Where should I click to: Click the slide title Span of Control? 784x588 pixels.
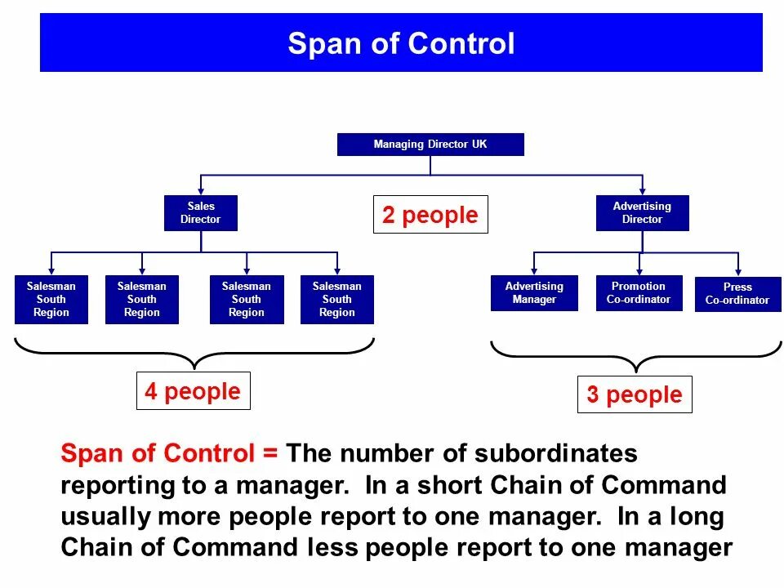[401, 43]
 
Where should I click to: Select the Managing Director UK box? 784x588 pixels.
[430, 145]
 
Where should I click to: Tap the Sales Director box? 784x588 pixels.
[200, 213]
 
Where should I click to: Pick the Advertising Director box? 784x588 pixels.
[642, 213]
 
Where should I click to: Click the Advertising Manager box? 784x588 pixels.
[534, 293]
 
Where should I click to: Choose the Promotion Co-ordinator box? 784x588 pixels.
[639, 293]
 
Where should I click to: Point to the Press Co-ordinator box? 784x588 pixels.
[737, 294]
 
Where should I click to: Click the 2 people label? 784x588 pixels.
[430, 215]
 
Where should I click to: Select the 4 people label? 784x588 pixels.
[193, 391]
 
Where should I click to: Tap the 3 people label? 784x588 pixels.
[635, 394]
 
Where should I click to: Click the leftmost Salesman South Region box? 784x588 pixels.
[51, 300]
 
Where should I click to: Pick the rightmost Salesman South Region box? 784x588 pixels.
[336, 300]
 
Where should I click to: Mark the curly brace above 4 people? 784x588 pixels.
[194, 354]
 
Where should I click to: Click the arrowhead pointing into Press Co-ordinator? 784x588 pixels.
[738, 272]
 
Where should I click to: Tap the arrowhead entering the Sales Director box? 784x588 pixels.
[201, 190]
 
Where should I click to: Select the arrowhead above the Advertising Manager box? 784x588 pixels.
[534, 270]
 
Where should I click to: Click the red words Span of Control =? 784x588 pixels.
[170, 453]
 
